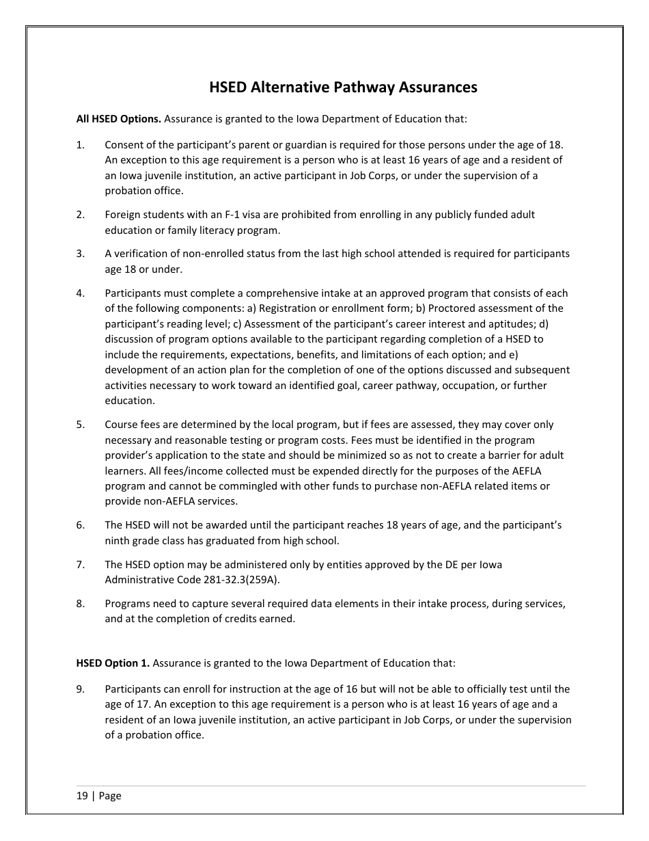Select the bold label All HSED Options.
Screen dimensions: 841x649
coord(118,118)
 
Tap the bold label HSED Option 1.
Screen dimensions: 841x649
coord(112,663)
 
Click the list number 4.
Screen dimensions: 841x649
coord(81,293)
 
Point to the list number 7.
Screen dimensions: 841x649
coord(81,565)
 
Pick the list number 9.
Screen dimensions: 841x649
coord(81,689)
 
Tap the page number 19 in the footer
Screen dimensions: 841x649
coord(82,796)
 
